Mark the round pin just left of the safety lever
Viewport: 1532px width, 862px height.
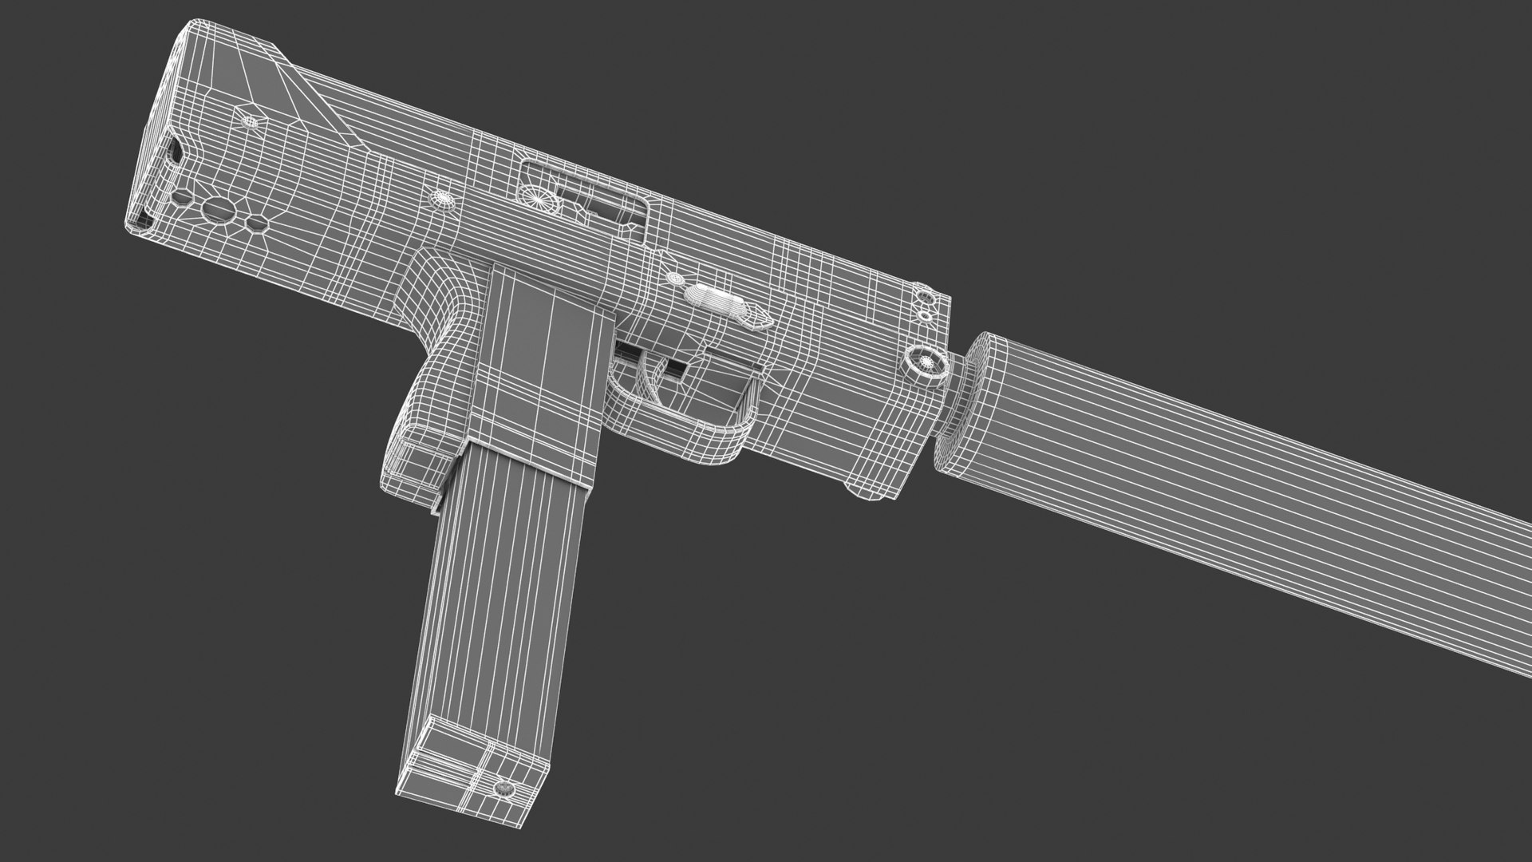click(x=674, y=279)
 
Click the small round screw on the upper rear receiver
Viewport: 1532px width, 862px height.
click(x=253, y=121)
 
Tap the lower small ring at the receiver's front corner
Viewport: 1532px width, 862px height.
click(x=925, y=315)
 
